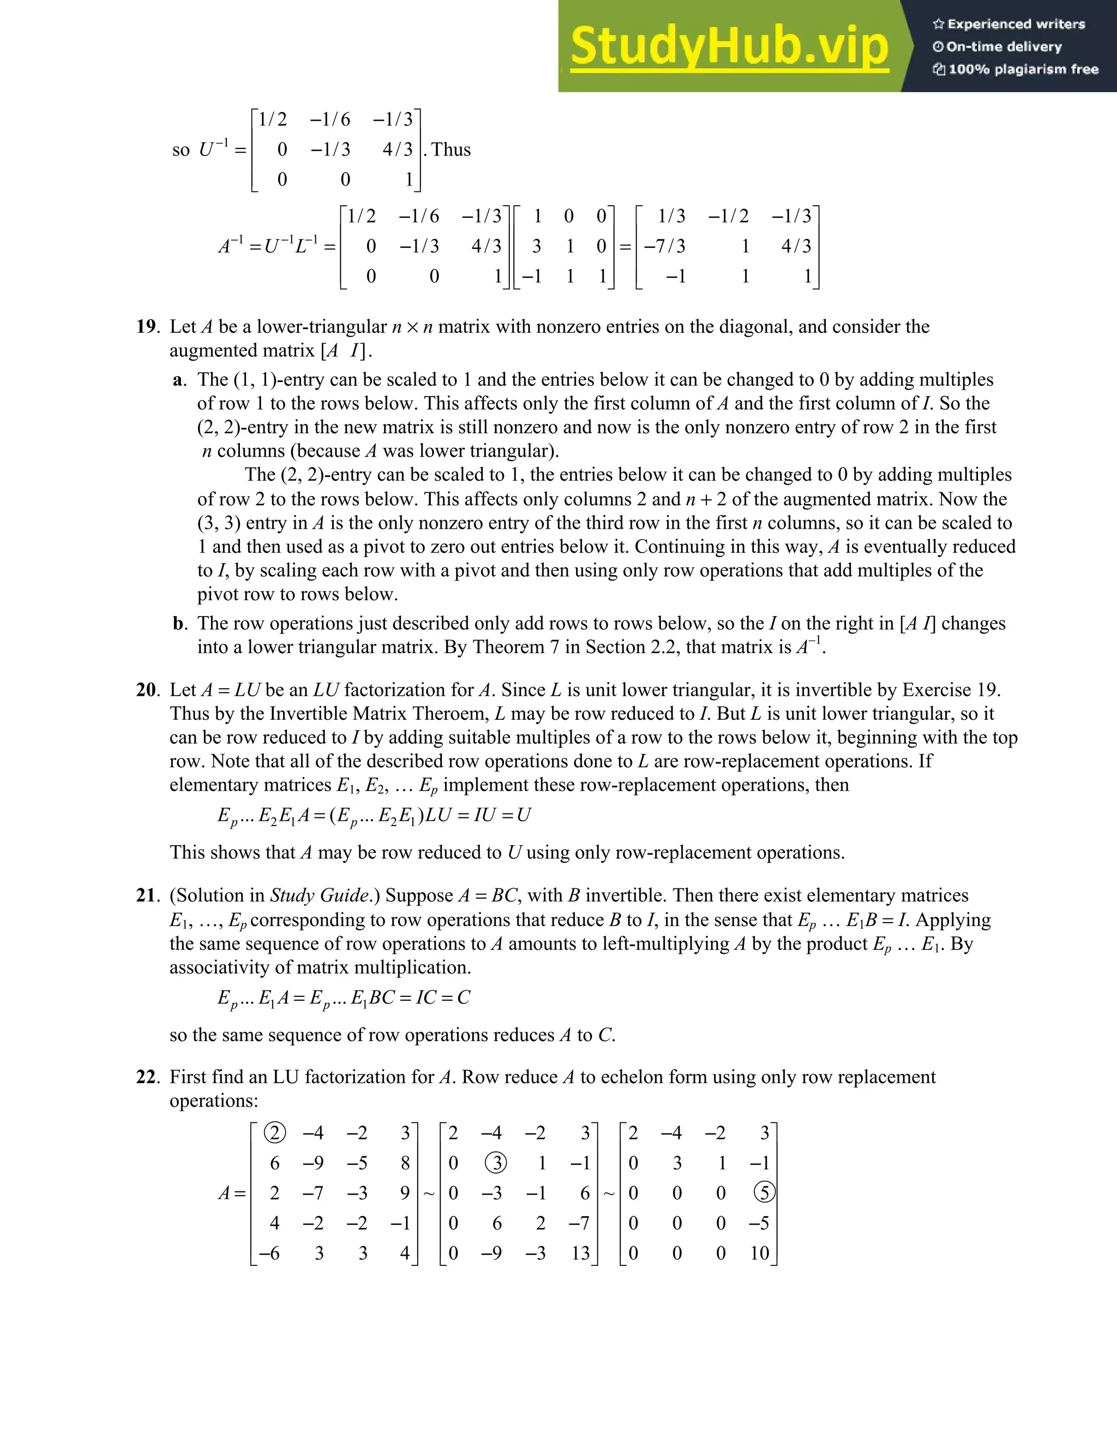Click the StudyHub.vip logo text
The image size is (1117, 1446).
click(729, 46)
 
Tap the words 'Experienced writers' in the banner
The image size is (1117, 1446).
click(1016, 25)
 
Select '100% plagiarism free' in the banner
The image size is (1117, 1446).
click(1023, 69)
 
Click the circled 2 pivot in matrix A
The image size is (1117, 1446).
click(275, 1133)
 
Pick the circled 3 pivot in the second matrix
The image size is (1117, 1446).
click(496, 1163)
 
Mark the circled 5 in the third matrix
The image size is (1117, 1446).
click(764, 1193)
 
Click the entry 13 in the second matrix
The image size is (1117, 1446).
click(580, 1253)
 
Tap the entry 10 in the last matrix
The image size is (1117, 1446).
click(759, 1253)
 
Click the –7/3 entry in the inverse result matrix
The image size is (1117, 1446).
click(665, 246)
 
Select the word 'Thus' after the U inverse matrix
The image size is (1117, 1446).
click(451, 150)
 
